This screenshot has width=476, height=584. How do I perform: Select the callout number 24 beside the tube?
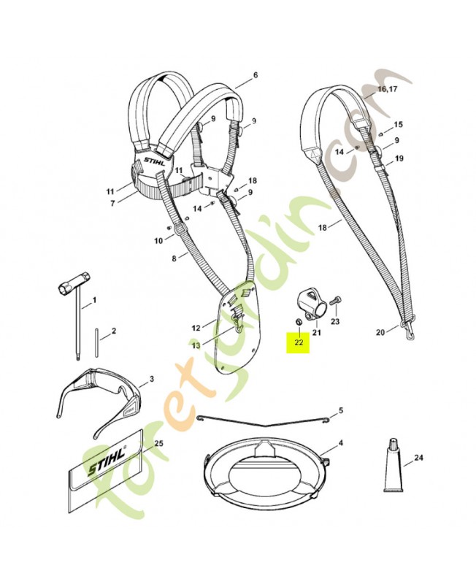[418, 458]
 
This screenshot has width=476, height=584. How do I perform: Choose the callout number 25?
[158, 443]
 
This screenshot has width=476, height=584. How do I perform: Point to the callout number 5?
[340, 411]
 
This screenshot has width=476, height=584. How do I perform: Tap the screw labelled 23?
[335, 300]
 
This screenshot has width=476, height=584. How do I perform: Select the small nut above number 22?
[296, 321]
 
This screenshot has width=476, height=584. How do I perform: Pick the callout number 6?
[256, 75]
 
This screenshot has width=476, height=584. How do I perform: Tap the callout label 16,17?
[387, 90]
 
